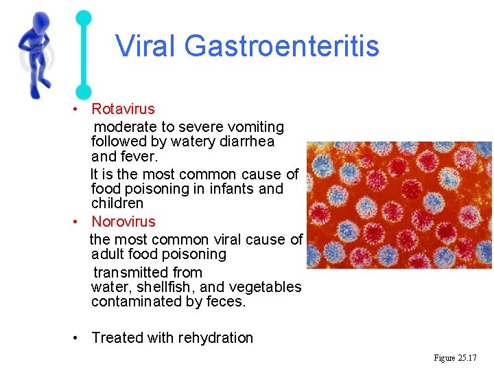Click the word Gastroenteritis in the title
click(x=281, y=46)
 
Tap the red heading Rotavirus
click(x=123, y=109)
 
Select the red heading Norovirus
click(x=123, y=221)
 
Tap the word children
click(x=117, y=203)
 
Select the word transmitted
click(x=129, y=272)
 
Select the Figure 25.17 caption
click(x=455, y=358)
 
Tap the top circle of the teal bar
click(x=83, y=18)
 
